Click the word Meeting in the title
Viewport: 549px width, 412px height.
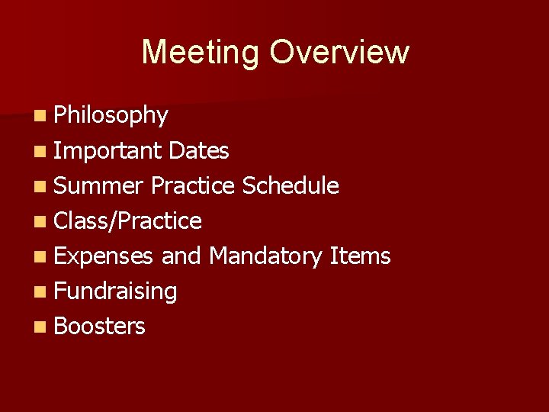pos(201,52)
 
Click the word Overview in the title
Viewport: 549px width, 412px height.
pos(339,52)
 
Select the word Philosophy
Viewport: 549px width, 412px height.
pos(111,115)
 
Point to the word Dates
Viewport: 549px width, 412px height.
pos(199,151)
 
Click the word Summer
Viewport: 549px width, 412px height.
pos(99,185)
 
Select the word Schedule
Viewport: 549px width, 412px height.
pos(291,185)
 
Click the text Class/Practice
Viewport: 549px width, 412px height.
pos(128,221)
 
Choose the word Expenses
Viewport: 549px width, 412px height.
pos(104,256)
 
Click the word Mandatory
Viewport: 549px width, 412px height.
pos(265,256)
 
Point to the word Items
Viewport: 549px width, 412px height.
pos(360,256)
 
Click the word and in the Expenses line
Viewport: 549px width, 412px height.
pos(181,256)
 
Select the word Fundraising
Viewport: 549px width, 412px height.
pos(116,291)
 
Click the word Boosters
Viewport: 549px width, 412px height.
pos(100,326)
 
